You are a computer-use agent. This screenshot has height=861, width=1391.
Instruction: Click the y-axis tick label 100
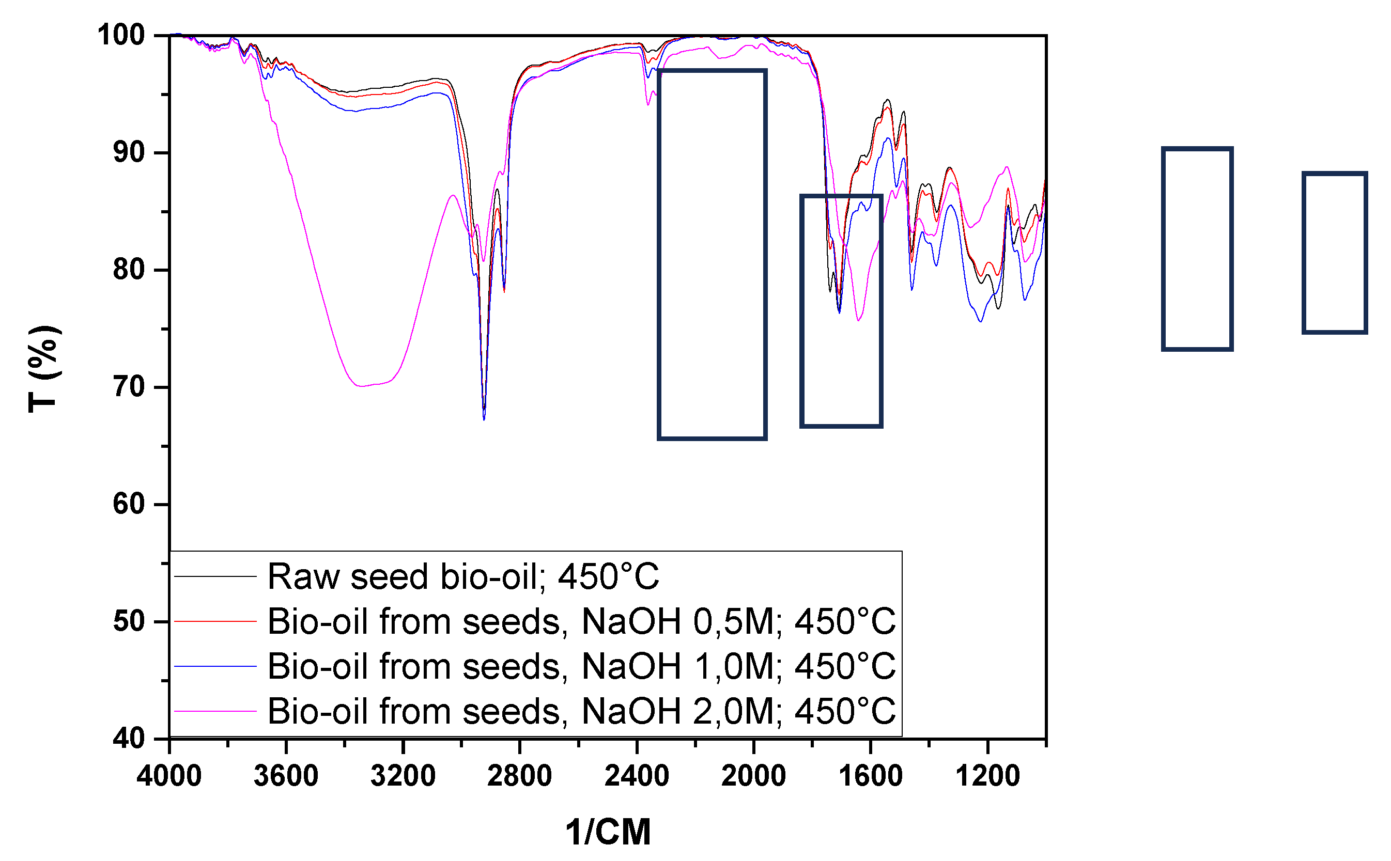(121, 35)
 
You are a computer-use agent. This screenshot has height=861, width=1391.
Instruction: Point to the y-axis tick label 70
(129, 388)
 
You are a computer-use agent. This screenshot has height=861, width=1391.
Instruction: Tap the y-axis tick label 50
(129, 621)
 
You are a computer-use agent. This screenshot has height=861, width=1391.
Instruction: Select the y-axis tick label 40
(129, 739)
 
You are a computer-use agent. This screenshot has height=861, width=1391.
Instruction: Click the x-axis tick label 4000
(169, 776)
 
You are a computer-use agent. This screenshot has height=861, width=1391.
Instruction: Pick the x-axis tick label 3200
(403, 776)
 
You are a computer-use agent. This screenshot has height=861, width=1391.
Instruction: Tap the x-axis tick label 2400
(637, 776)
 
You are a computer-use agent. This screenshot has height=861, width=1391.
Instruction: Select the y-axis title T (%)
(43, 369)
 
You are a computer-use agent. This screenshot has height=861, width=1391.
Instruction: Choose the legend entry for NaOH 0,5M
(581, 621)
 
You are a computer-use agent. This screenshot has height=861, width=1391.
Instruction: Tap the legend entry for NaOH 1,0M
(581, 666)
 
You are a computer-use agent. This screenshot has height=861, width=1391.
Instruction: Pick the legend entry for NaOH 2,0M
(581, 711)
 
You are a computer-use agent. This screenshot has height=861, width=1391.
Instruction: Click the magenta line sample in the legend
(215, 711)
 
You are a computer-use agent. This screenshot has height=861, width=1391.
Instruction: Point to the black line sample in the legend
(215, 577)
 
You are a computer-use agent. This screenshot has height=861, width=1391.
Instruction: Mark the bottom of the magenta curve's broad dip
(360, 386)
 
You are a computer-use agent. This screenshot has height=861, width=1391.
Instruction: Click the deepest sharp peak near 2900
(484, 418)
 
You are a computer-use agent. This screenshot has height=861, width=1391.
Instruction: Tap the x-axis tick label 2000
(753, 776)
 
